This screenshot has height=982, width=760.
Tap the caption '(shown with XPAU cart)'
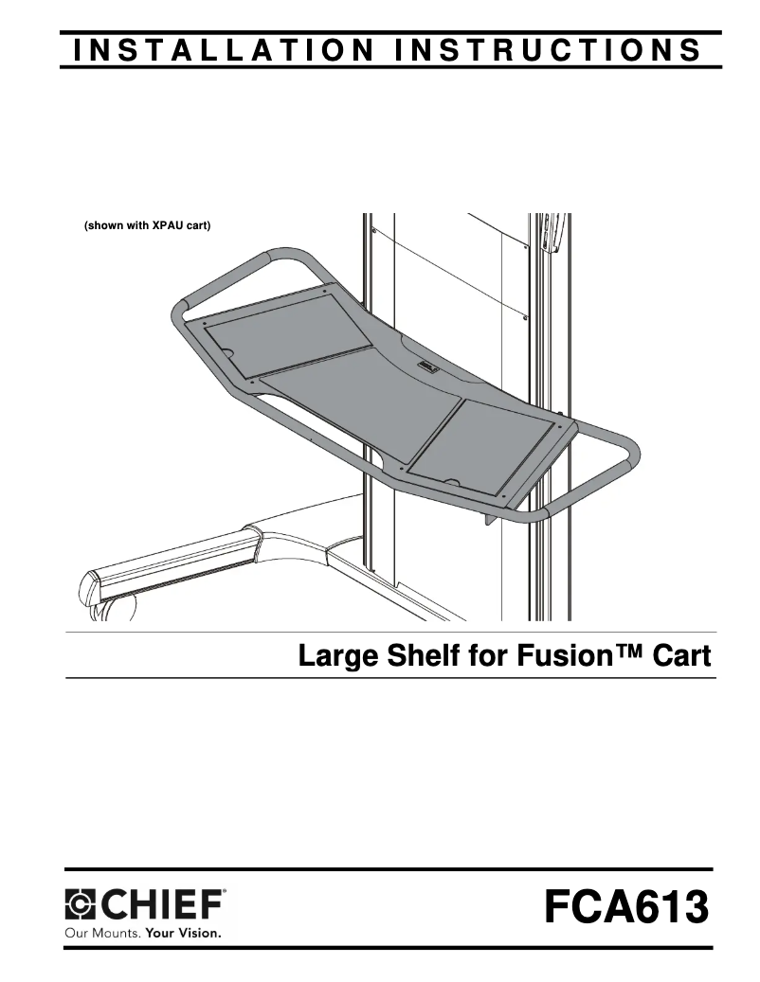click(x=147, y=226)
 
